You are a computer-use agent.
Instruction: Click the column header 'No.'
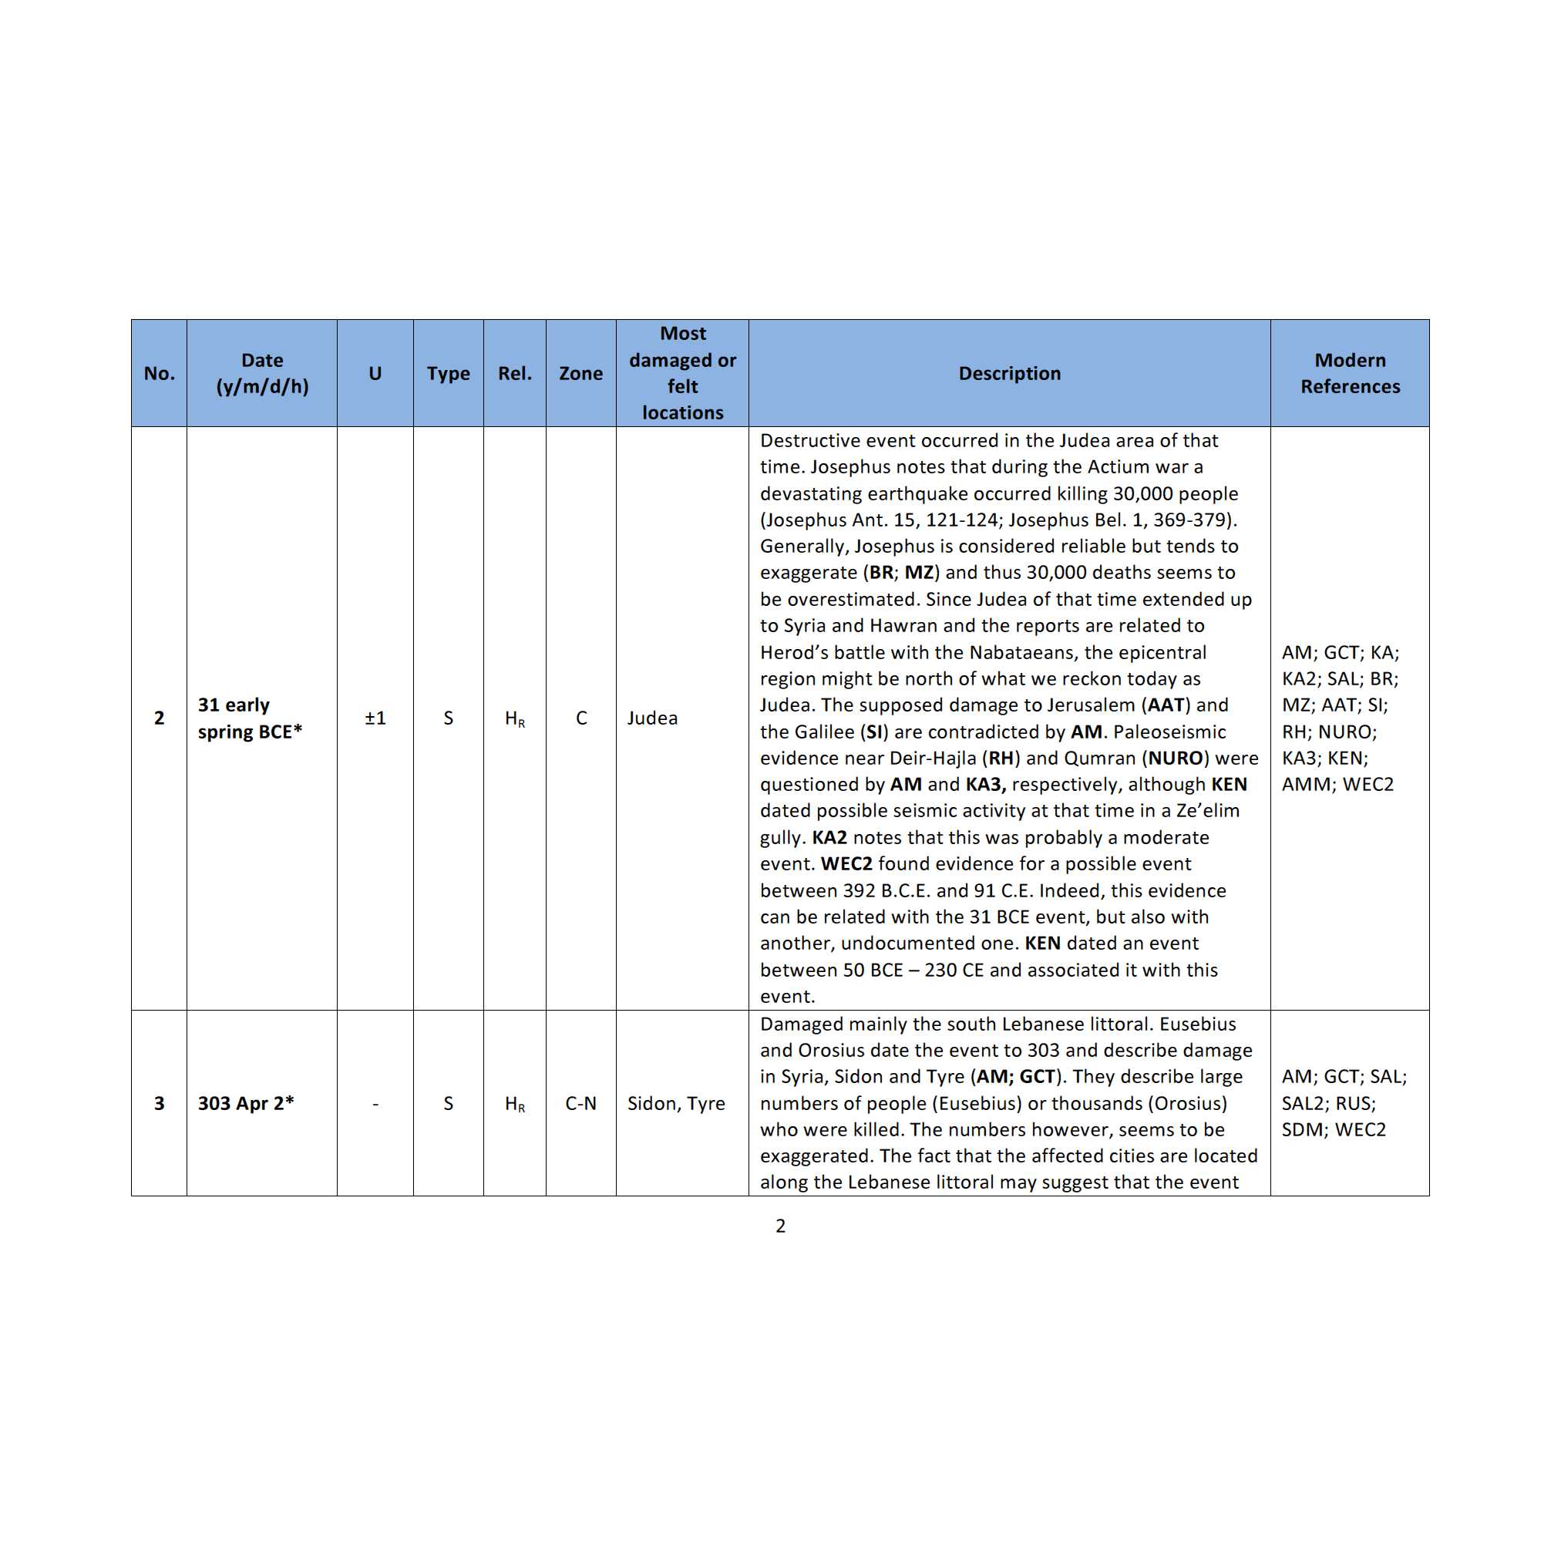tap(159, 373)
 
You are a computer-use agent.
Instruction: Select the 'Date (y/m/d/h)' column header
tap(262, 373)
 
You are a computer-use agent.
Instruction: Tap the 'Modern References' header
tap(1349, 373)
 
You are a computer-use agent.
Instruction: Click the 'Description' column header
tap(1009, 373)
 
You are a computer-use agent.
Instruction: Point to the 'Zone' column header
tap(580, 373)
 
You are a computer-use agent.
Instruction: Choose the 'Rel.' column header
tap(515, 373)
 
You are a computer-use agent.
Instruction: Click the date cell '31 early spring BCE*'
tap(249, 718)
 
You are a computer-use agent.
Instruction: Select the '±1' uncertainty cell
tap(375, 718)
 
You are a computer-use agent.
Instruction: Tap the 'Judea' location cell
tap(652, 718)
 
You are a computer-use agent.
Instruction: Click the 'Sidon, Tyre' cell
tap(675, 1103)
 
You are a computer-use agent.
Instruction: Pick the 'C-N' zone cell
tap(580, 1103)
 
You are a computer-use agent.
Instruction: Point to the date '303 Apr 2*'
tap(246, 1103)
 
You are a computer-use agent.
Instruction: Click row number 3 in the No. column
tap(159, 1103)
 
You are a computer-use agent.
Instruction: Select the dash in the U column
tap(375, 1103)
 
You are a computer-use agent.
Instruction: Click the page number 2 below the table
tap(779, 1226)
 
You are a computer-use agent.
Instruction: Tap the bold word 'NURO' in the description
tap(1176, 758)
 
